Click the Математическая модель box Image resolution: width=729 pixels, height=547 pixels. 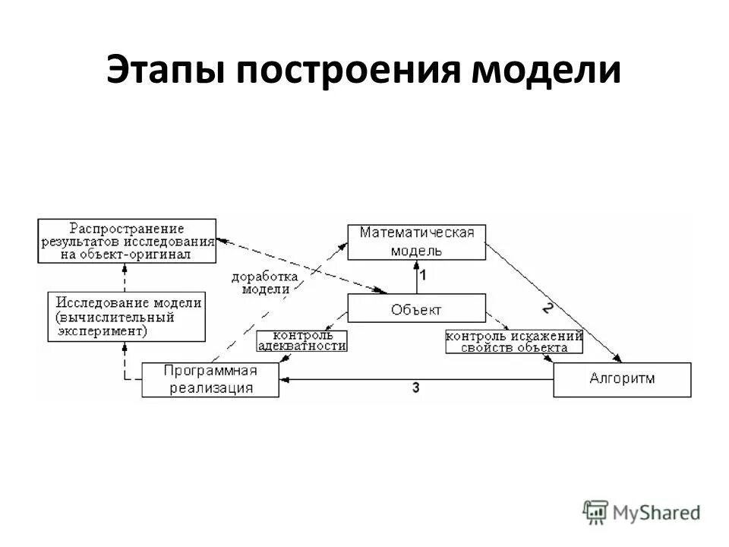click(416, 241)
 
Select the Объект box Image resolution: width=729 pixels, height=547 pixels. click(416, 308)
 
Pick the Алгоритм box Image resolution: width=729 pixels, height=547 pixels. click(622, 379)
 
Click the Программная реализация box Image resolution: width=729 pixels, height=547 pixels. click(210, 379)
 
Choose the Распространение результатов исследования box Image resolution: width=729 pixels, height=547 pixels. click(128, 241)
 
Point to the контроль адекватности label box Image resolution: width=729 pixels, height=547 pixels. click(302, 340)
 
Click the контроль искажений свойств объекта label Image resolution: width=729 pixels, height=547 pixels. click(514, 341)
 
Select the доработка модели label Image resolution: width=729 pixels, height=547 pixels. click(260, 283)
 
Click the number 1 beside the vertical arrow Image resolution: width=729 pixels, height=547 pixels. click(423, 276)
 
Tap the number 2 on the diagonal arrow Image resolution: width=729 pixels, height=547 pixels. click(548, 308)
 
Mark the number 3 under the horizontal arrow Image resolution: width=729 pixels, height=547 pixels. click(415, 388)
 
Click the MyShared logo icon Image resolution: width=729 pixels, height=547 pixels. click(596, 512)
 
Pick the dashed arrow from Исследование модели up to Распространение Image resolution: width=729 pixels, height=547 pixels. click(125, 277)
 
